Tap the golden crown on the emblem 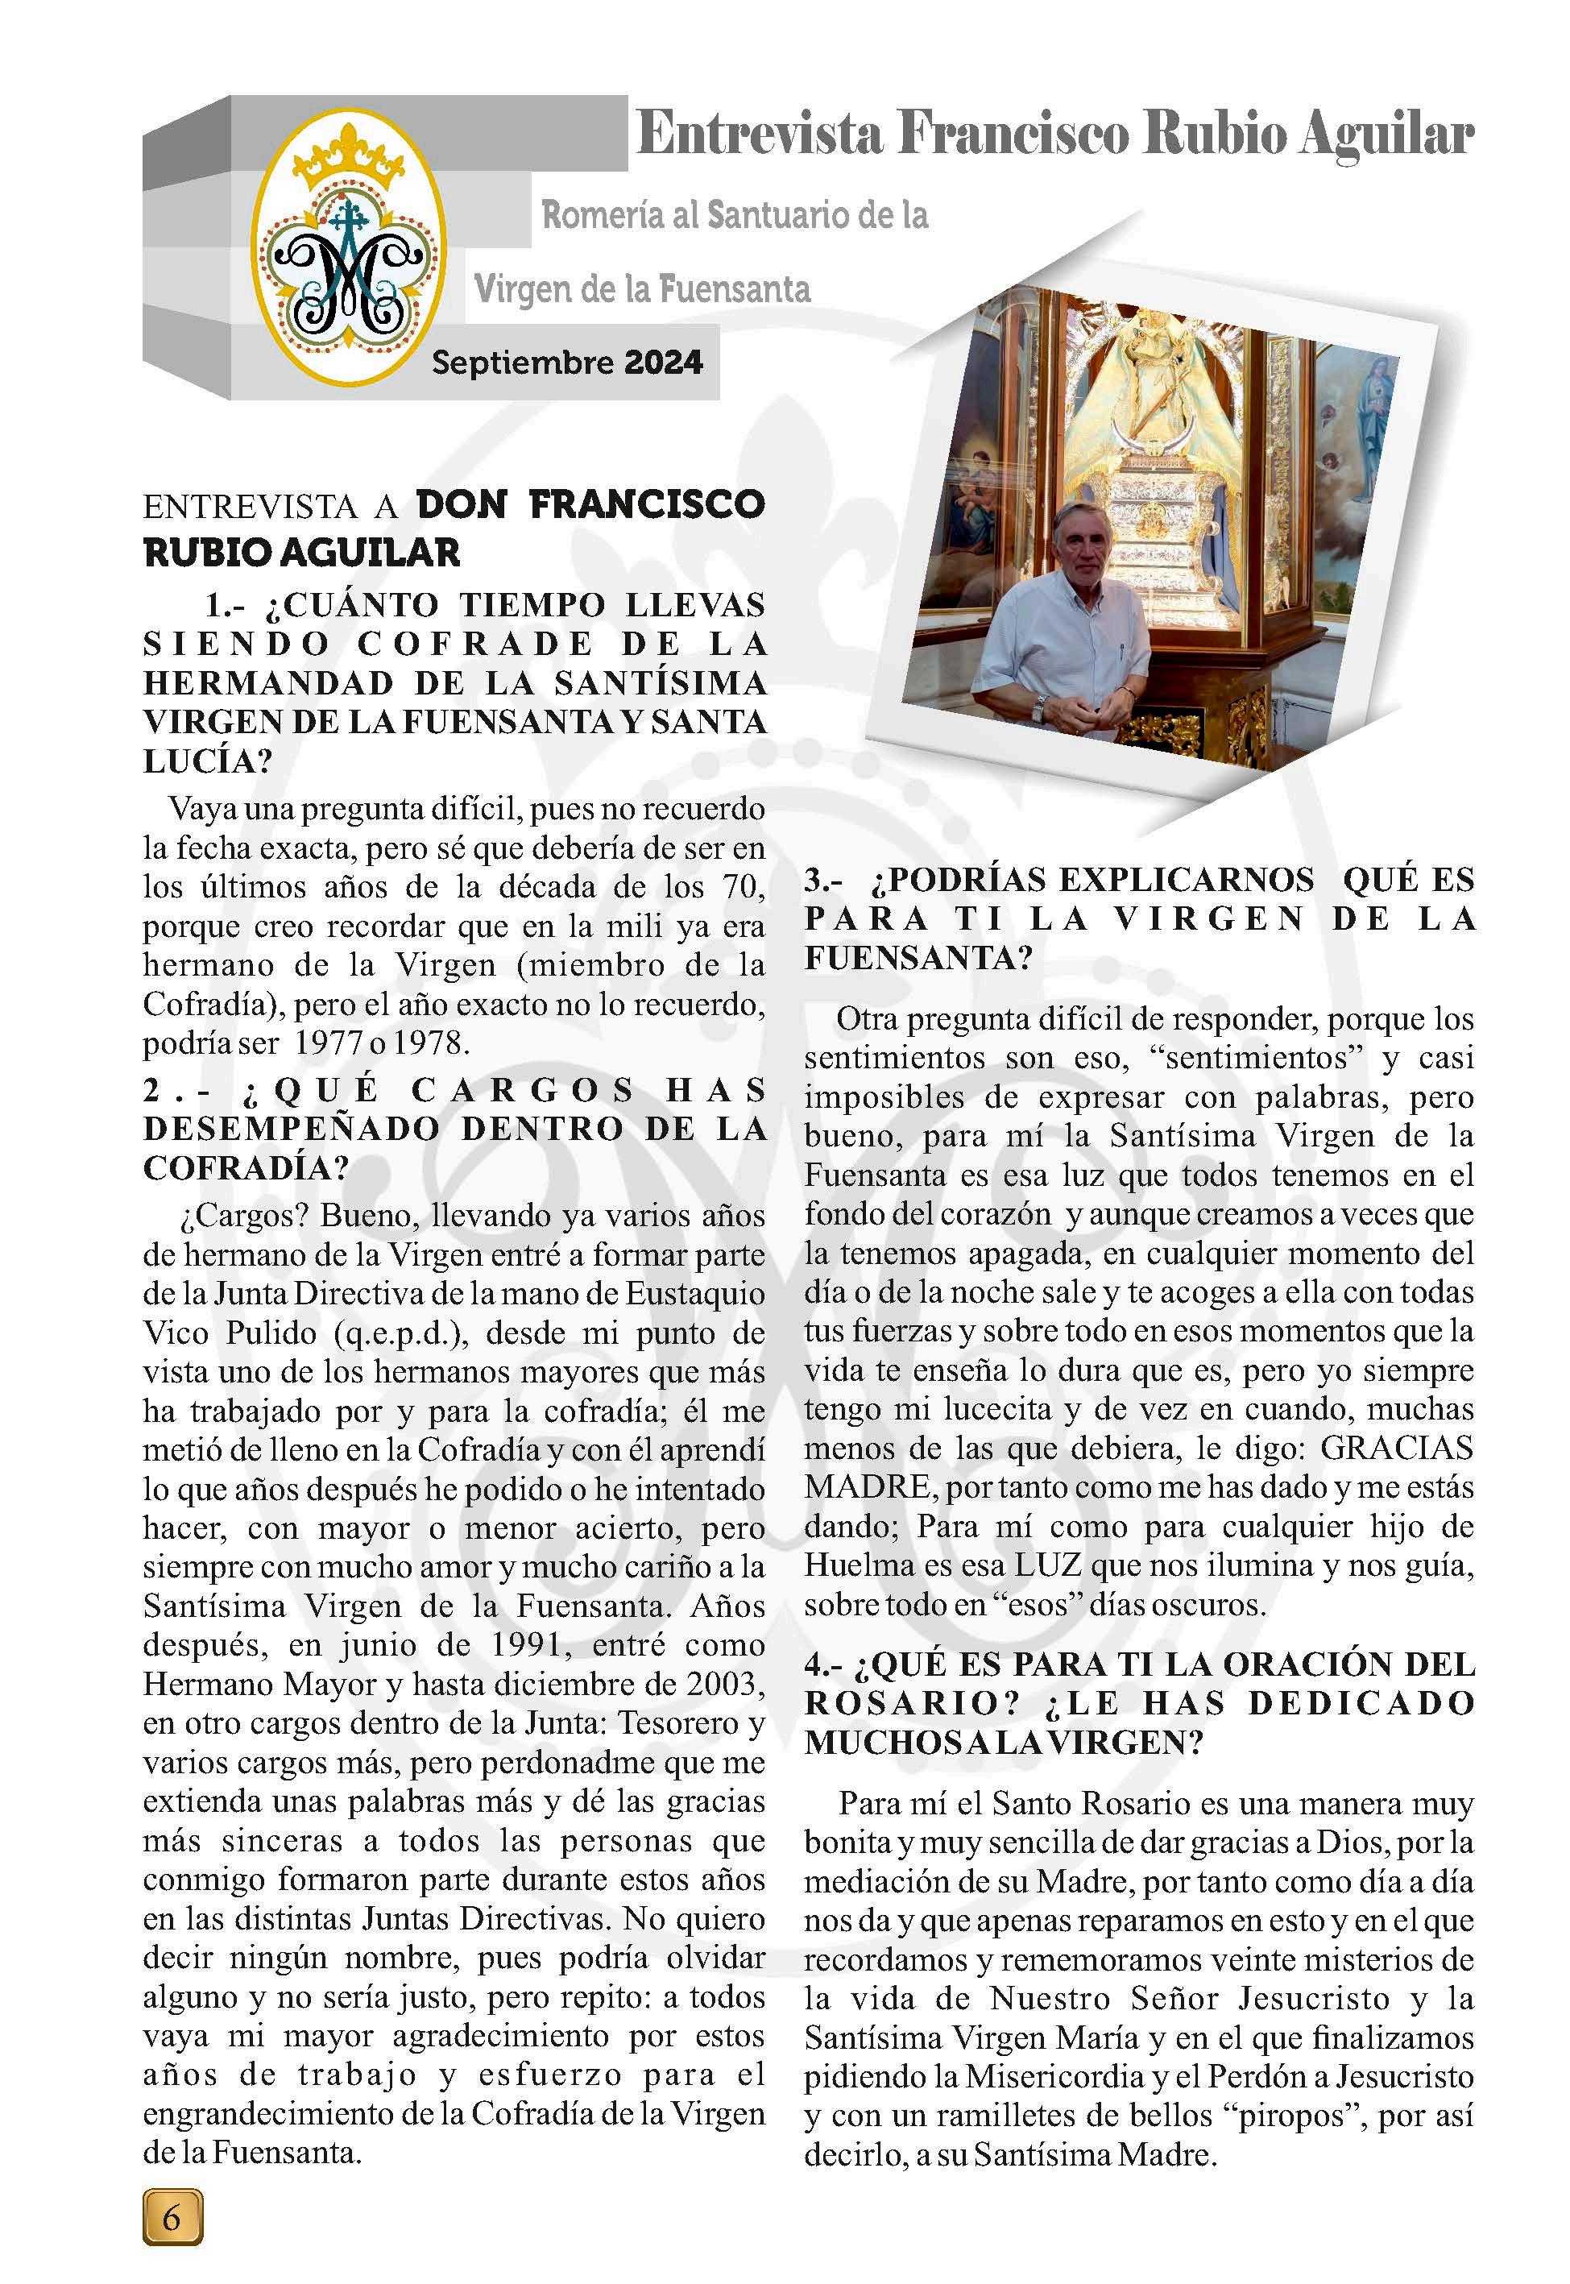coord(356,156)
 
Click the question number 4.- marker coord(823,1664)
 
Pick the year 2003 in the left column coord(723,1685)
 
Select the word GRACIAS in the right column coord(1397,1448)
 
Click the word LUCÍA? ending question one coord(208,761)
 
